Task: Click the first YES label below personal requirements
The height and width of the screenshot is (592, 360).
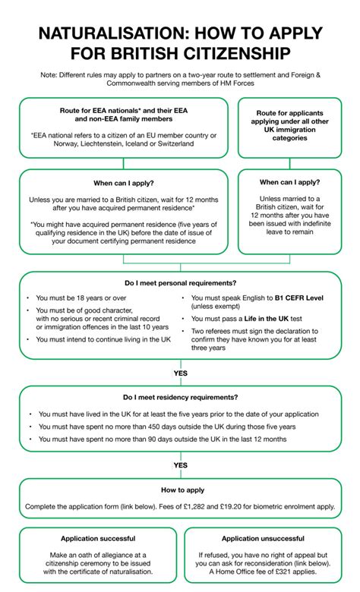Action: point(180,373)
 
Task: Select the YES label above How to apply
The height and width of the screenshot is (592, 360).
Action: point(180,464)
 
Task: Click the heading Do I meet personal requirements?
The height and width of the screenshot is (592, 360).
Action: point(180,282)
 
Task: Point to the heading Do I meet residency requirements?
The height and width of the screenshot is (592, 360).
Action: point(180,398)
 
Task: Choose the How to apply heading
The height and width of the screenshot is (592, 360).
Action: point(180,490)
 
